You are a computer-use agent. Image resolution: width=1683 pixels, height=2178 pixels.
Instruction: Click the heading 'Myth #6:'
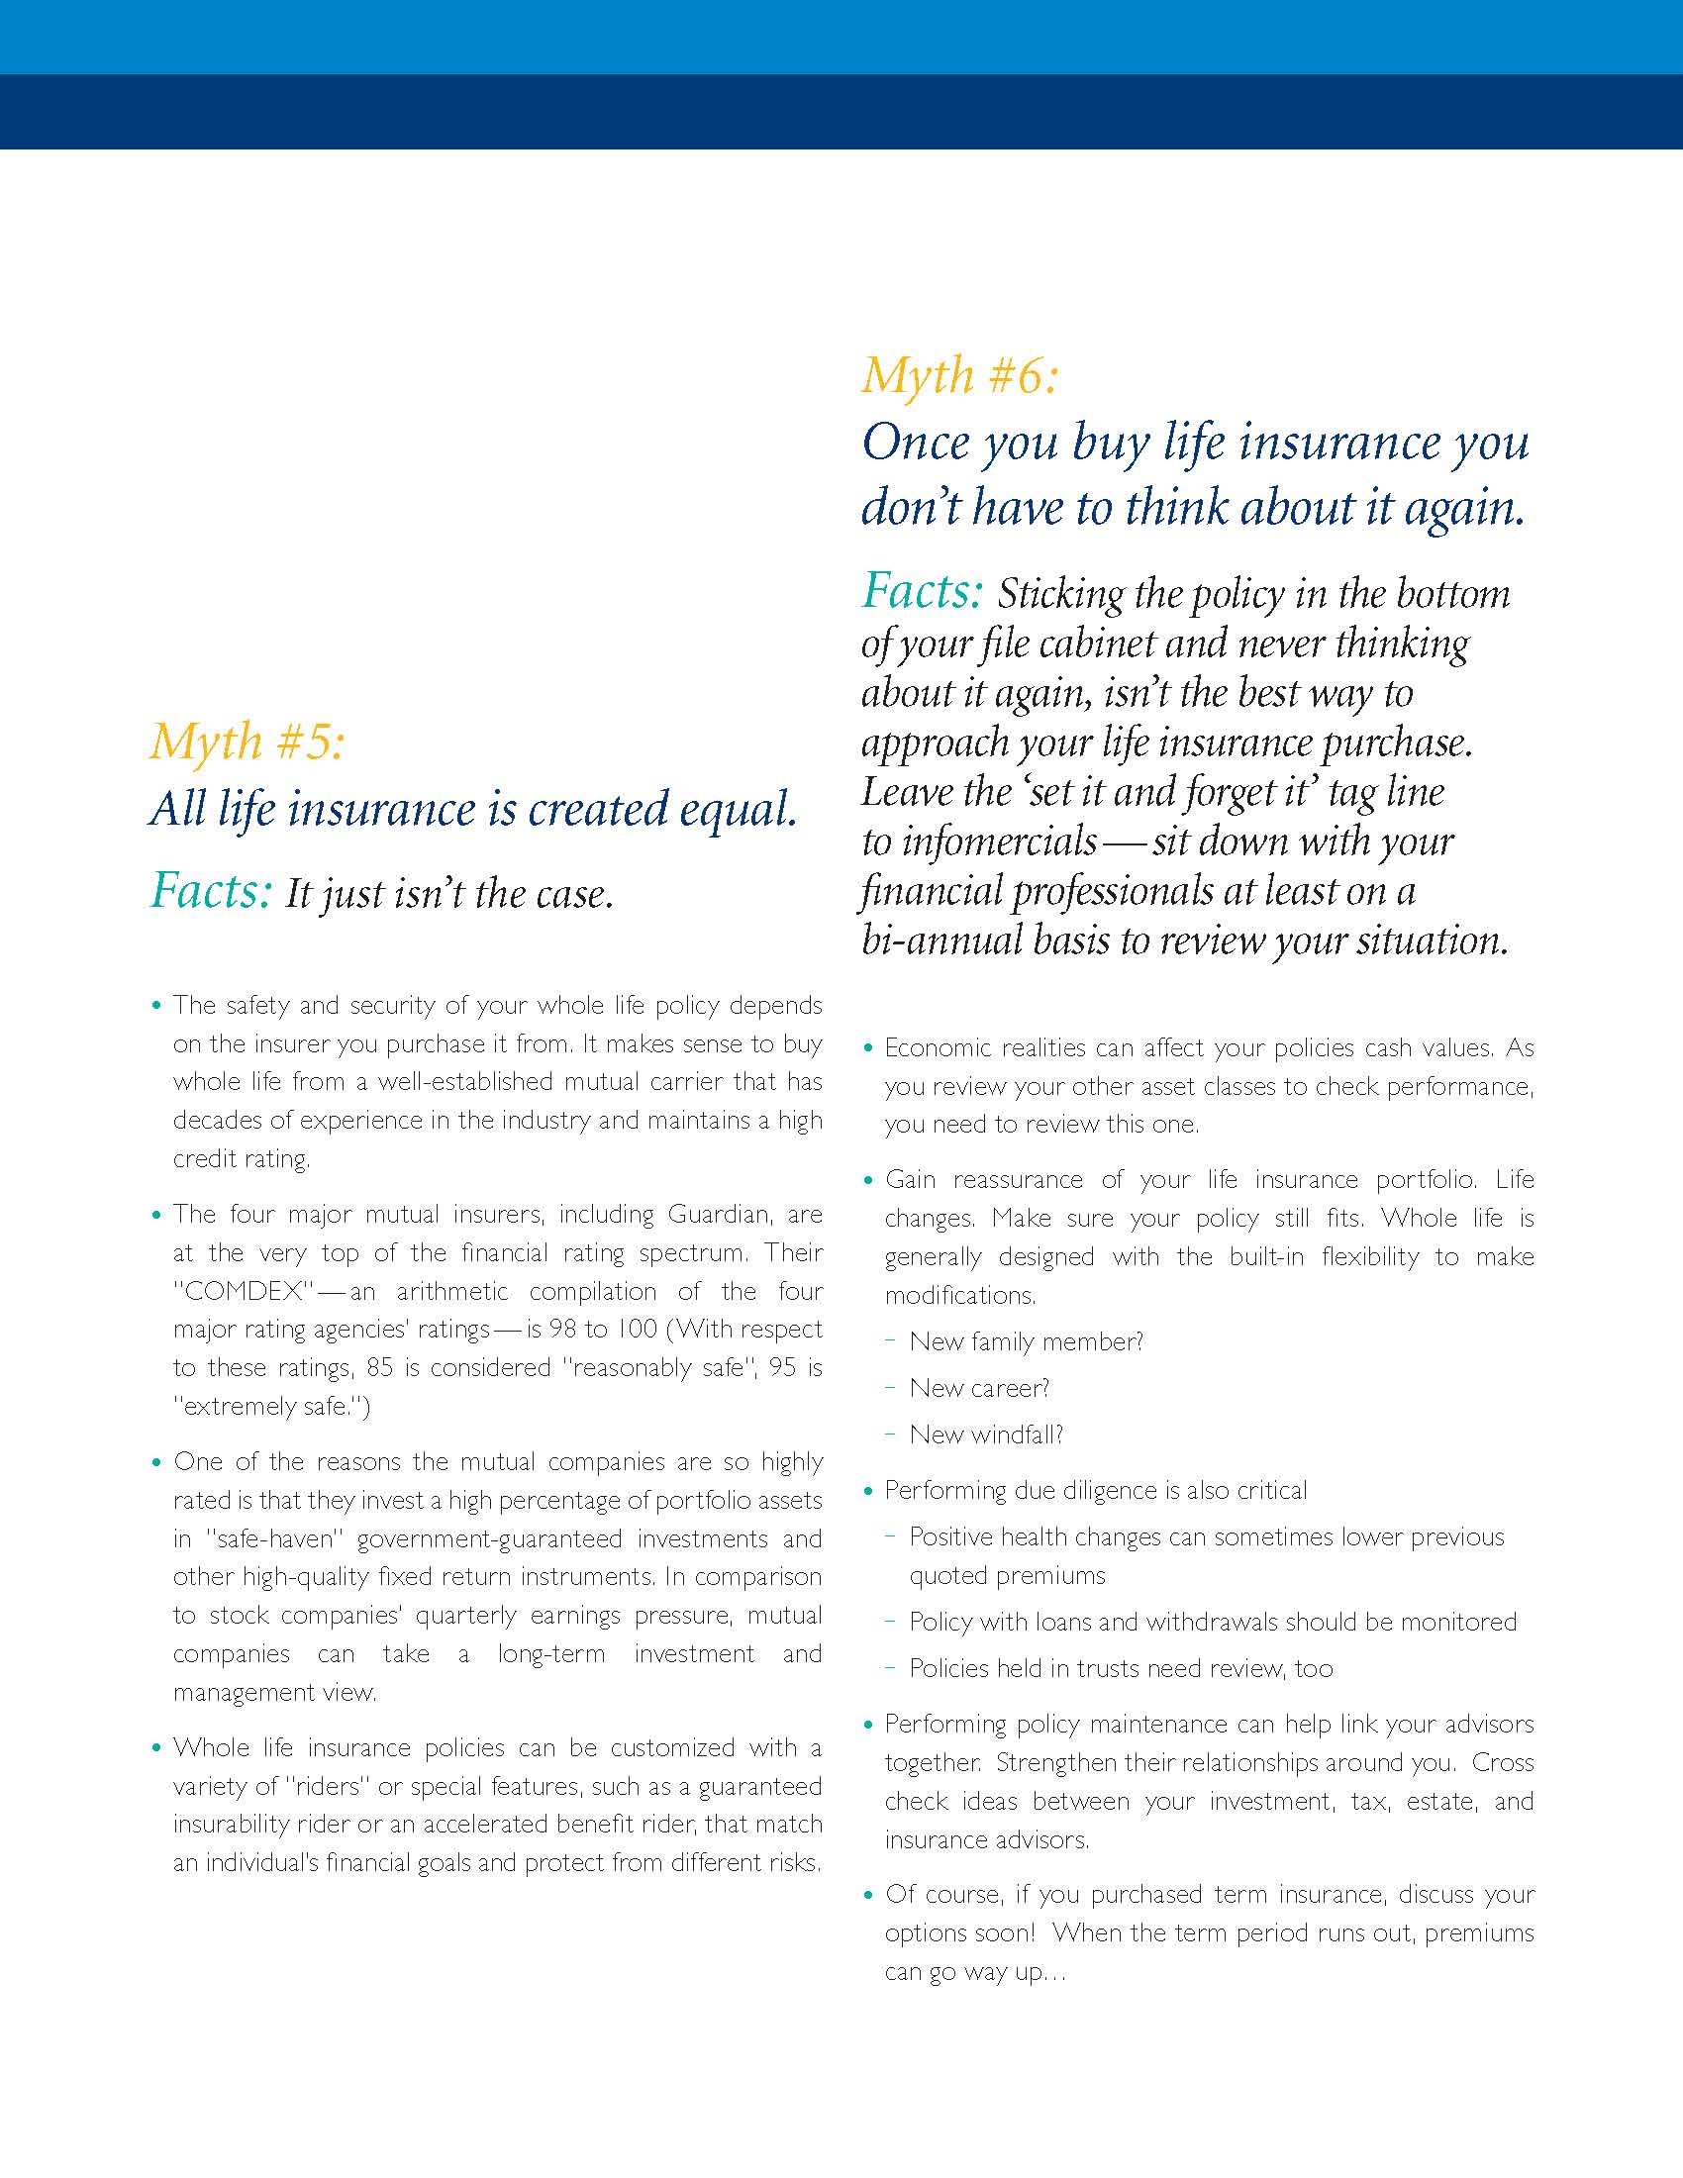(x=959, y=377)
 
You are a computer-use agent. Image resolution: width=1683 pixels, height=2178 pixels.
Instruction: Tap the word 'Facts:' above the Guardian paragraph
(x=210, y=891)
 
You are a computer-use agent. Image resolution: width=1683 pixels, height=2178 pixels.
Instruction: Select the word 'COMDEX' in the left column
(x=244, y=1291)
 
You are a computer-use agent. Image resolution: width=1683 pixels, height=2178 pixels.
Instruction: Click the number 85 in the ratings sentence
(x=380, y=1367)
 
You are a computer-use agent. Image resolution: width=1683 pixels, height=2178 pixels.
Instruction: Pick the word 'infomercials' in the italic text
(x=1000, y=841)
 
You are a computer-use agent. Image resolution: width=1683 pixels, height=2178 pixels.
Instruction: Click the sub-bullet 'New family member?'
(x=1026, y=1341)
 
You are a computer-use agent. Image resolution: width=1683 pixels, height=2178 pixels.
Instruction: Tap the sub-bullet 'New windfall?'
(x=986, y=1435)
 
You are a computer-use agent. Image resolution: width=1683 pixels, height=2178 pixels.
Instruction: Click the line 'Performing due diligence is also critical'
(x=1095, y=1490)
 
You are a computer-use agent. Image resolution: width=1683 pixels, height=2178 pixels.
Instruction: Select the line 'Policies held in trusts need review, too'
(x=1121, y=1668)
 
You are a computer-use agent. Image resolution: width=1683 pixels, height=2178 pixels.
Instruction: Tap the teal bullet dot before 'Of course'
(x=868, y=1894)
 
